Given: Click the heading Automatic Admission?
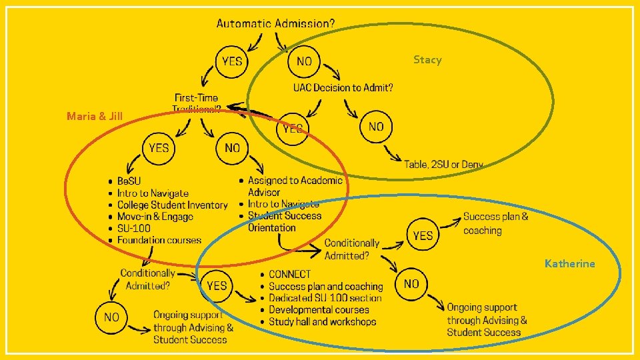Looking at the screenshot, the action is pyautogui.click(x=275, y=23).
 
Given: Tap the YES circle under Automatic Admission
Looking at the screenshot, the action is pyautogui.click(x=232, y=61).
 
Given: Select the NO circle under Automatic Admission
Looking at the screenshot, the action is pyautogui.click(x=304, y=61).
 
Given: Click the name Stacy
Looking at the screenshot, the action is pyautogui.click(x=427, y=60).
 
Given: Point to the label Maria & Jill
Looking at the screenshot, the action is pyautogui.click(x=95, y=117).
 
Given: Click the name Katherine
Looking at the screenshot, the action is pyautogui.click(x=569, y=264).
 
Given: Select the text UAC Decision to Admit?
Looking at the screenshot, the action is pyautogui.click(x=343, y=88).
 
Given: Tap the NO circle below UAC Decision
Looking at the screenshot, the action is pyautogui.click(x=376, y=126).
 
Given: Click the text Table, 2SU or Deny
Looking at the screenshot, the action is pyautogui.click(x=443, y=164).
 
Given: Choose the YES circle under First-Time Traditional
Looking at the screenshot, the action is pyautogui.click(x=159, y=147).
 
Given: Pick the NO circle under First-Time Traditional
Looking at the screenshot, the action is pyautogui.click(x=232, y=147).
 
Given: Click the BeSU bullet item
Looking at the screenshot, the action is pyautogui.click(x=129, y=181).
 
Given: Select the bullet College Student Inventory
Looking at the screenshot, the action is pyautogui.click(x=172, y=205).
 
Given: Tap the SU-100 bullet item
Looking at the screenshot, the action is pyautogui.click(x=134, y=229).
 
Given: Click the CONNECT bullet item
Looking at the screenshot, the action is pyautogui.click(x=290, y=274).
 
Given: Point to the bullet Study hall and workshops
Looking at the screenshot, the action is pyautogui.click(x=323, y=322).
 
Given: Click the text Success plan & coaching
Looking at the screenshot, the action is pyautogui.click(x=495, y=223).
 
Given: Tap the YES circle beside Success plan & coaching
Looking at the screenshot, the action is pyautogui.click(x=423, y=235).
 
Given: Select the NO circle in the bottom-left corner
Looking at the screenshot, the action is pyautogui.click(x=111, y=317).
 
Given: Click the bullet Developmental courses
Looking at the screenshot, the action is pyautogui.click(x=319, y=310).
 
